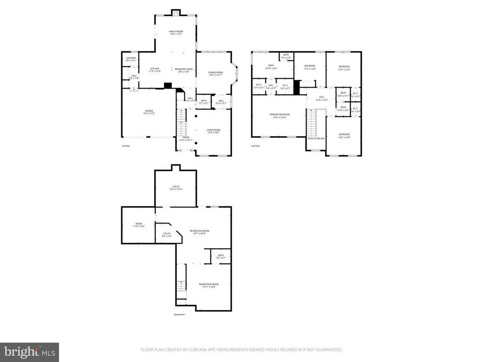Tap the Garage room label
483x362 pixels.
click(150, 112)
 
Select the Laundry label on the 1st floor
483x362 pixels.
click(131, 59)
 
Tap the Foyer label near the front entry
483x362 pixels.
click(186, 139)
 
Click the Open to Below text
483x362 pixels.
click(316, 139)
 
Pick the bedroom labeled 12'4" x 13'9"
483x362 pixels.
click(344, 136)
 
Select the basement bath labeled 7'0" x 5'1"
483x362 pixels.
click(221, 256)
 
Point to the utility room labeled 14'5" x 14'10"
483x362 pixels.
click(176, 188)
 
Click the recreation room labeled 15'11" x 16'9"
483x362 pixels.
click(208, 285)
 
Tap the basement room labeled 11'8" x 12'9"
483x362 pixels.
click(139, 225)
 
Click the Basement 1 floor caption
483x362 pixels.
click(180, 314)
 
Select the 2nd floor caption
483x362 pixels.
click(256, 146)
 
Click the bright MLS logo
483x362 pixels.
click(29, 352)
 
